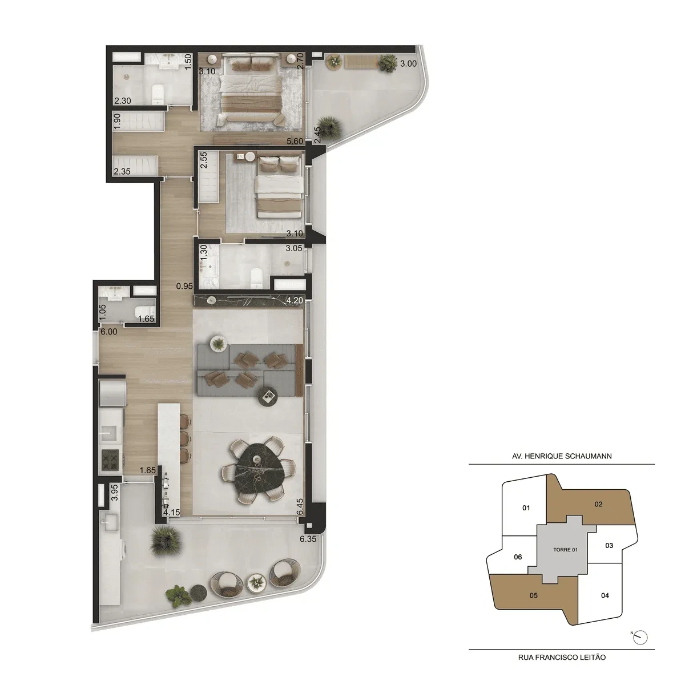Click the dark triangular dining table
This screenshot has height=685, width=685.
(x=260, y=469)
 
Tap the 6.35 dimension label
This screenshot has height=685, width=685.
(x=308, y=538)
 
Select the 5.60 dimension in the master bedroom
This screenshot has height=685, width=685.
(x=295, y=141)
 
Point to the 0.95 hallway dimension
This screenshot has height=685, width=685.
(x=184, y=286)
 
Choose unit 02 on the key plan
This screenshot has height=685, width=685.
(x=598, y=503)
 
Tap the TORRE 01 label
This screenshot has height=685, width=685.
(x=565, y=550)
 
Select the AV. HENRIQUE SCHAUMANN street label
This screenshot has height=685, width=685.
(x=562, y=456)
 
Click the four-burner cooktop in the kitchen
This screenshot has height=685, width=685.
(x=110, y=460)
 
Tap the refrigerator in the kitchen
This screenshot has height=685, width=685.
(x=112, y=393)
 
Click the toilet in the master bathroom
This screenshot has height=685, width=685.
(x=158, y=94)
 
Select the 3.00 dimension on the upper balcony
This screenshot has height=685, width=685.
(x=408, y=63)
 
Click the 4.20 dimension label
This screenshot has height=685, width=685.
(x=295, y=300)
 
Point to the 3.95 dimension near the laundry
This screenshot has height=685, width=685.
(x=115, y=493)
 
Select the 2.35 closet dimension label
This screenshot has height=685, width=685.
(x=122, y=171)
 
